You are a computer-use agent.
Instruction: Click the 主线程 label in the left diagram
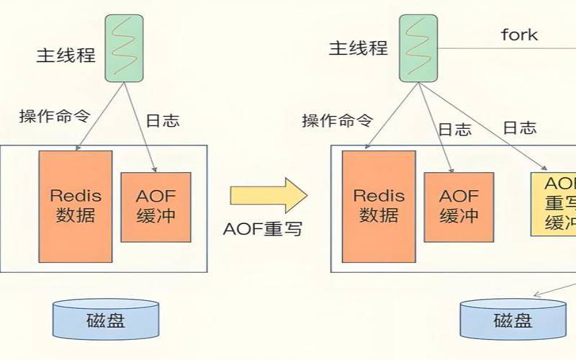point(66,55)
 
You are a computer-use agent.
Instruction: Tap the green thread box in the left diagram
point(124,47)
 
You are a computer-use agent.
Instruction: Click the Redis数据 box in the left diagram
point(76,206)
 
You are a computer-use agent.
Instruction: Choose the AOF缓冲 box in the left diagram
point(156,207)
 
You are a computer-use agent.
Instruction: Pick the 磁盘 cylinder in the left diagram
point(106,320)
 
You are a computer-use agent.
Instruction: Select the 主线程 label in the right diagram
point(359,48)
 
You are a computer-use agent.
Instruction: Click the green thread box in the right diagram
point(418,47)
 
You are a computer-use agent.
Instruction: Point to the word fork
point(519,34)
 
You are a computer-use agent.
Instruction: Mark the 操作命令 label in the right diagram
point(338,120)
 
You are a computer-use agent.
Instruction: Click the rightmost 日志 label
point(519,127)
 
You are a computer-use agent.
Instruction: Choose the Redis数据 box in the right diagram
point(378,206)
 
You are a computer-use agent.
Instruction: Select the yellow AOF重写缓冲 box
point(554,204)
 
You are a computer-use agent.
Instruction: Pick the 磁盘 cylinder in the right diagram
point(513,320)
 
